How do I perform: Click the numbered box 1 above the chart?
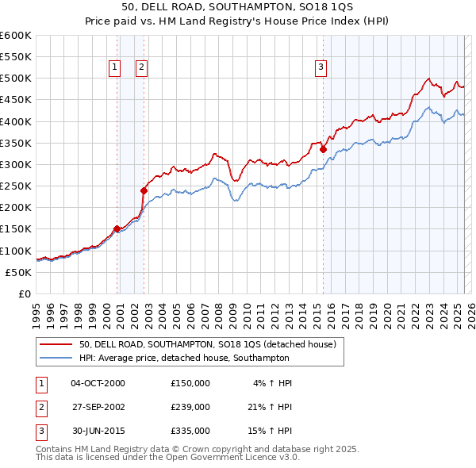115,67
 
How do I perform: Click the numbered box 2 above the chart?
141,67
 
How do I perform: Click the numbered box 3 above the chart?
321,67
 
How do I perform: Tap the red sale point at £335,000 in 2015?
324,149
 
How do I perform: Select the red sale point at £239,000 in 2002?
144,190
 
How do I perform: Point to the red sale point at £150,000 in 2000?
117,228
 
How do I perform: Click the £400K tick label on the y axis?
16,121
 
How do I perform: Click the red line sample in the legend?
56,344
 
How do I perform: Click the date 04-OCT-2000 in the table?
98,383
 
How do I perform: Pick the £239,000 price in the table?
190,406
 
